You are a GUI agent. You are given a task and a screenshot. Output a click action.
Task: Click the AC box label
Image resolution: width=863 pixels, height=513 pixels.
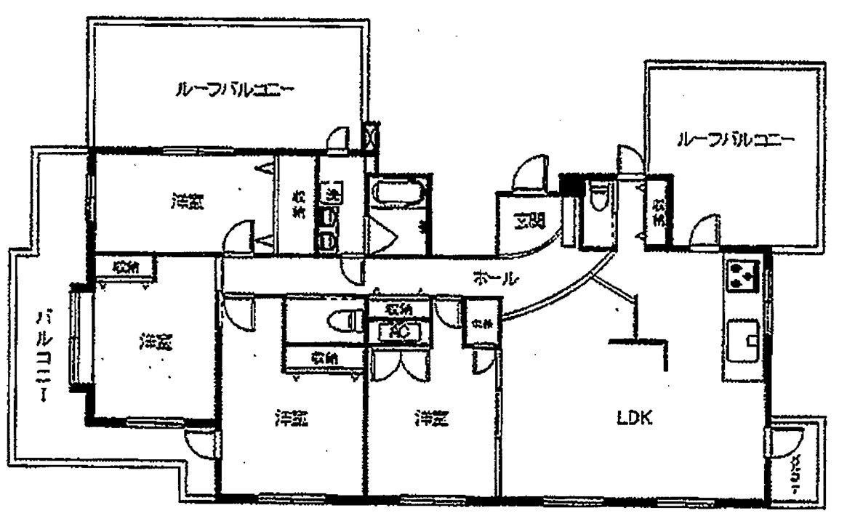[398, 330]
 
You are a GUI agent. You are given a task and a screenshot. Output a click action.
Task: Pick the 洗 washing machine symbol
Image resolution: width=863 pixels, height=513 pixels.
[332, 194]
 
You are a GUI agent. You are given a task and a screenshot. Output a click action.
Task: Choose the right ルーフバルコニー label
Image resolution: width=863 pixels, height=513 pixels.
[735, 140]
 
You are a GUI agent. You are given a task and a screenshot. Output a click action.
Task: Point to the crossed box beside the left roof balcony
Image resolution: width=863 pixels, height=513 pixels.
[370, 134]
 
